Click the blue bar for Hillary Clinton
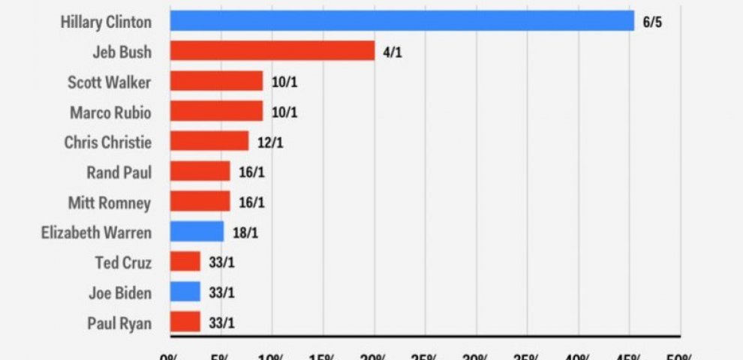pyautogui.click(x=402, y=21)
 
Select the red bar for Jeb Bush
pyautogui.click(x=272, y=51)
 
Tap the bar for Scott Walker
pyautogui.click(x=216, y=81)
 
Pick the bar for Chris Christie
pyautogui.click(x=209, y=141)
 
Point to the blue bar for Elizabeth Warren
pyautogui.click(x=197, y=232)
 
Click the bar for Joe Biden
pyautogui.click(x=185, y=292)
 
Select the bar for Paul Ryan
pyautogui.click(x=185, y=322)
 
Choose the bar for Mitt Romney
pyautogui.click(x=200, y=202)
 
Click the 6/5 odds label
pyautogui.click(x=651, y=22)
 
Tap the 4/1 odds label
pyautogui.click(x=392, y=52)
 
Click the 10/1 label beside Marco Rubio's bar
pyautogui.click(x=283, y=112)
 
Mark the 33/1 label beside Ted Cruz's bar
pyautogui.click(x=221, y=262)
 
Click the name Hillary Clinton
pyautogui.click(x=105, y=22)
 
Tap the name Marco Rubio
pyautogui.click(x=110, y=112)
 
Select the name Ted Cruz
pyautogui.click(x=123, y=262)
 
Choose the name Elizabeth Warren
pyautogui.click(x=96, y=232)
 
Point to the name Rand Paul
pyautogui.click(x=119, y=172)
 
